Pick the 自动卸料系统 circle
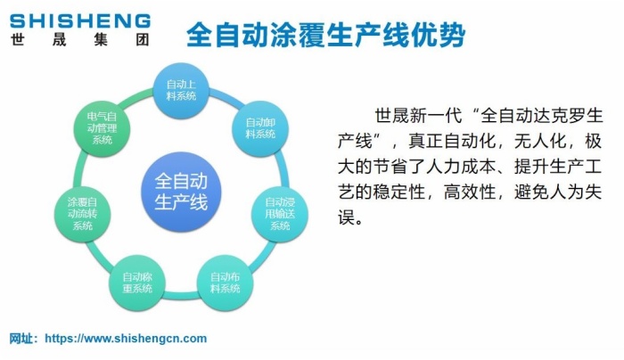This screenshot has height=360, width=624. [x=260, y=127]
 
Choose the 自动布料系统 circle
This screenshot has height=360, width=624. [x=225, y=282]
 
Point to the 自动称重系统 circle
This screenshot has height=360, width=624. [x=137, y=282]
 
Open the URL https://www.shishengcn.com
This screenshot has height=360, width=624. [x=126, y=339]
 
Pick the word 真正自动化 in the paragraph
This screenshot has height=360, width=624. [x=451, y=141]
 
